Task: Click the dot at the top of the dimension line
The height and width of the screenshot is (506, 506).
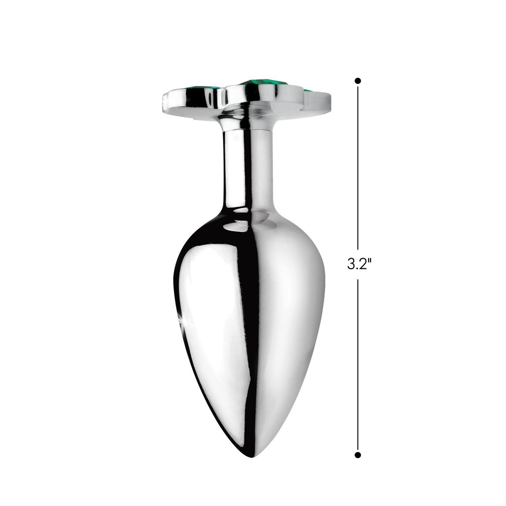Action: tap(358, 81)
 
